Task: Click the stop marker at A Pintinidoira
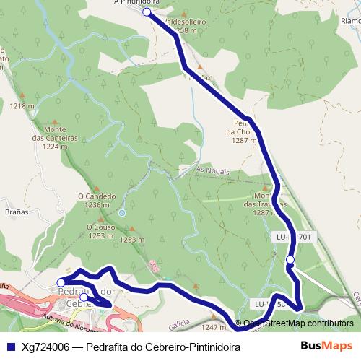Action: [x=147, y=12]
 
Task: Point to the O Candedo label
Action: [x=96, y=196]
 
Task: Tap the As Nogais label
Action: [x=212, y=171]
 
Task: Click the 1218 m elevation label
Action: [x=22, y=106]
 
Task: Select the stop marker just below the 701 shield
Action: [x=290, y=260]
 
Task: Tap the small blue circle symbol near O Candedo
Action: [x=122, y=213]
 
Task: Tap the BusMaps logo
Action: [x=326, y=345]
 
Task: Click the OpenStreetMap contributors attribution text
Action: [x=297, y=323]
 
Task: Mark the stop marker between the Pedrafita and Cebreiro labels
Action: [x=84, y=297]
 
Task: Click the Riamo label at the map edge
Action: [x=348, y=22]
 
